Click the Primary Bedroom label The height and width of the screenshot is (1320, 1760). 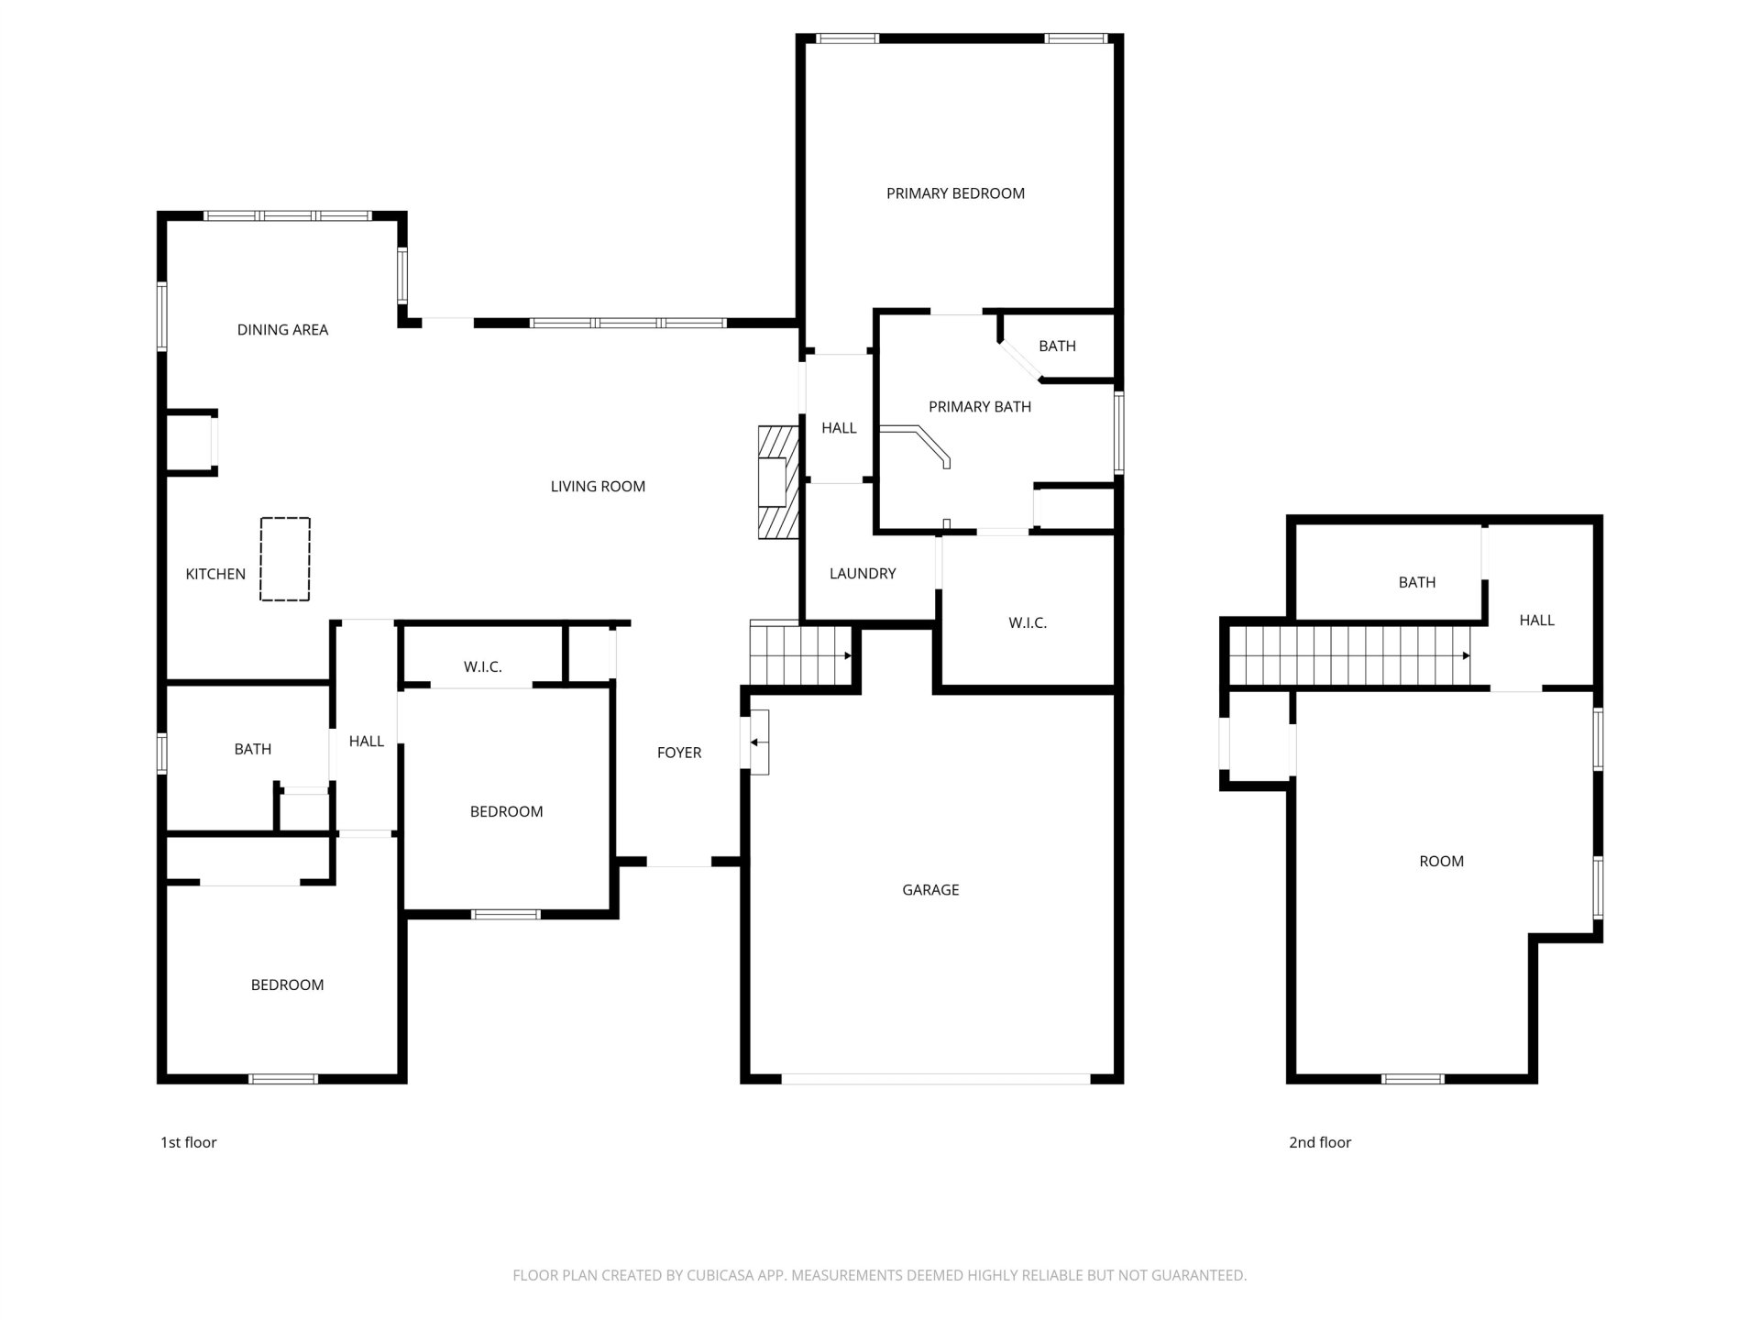click(x=955, y=193)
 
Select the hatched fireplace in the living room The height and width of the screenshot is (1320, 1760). click(x=773, y=482)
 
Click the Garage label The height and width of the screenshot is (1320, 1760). click(x=930, y=890)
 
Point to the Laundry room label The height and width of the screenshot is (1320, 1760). click(x=863, y=574)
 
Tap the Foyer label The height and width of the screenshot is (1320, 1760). click(x=679, y=753)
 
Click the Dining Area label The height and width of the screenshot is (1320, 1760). click(x=282, y=330)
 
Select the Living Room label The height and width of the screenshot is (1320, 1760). click(x=598, y=487)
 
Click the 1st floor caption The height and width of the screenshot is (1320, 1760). click(x=189, y=1142)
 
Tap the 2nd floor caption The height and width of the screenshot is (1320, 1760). click(x=1320, y=1142)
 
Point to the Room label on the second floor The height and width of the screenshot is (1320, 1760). click(x=1442, y=862)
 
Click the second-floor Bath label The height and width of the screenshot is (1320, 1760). click(x=1417, y=582)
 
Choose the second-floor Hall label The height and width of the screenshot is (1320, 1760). click(x=1537, y=621)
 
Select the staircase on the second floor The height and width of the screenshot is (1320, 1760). click(x=1349, y=655)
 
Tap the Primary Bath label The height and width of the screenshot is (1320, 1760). click(x=980, y=407)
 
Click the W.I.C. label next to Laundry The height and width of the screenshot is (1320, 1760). click(x=1028, y=623)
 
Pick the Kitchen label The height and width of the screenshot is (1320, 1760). click(x=215, y=575)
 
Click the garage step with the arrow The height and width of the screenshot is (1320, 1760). click(x=760, y=742)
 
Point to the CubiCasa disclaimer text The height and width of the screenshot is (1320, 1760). click(x=880, y=1275)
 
